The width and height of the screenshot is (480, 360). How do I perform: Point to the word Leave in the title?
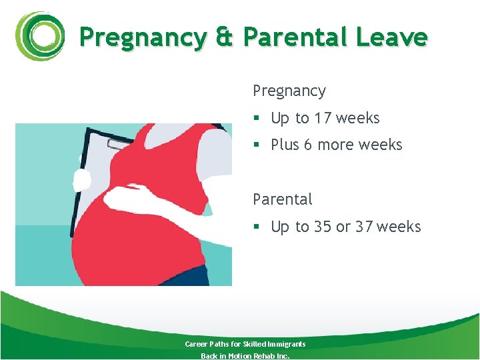pos(391,37)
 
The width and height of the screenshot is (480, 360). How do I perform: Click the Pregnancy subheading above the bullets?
pos(289,91)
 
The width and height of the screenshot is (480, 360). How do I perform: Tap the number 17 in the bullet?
pos(323,118)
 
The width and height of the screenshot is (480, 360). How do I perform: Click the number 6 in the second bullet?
pos(307,145)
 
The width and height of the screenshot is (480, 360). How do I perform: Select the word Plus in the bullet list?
pos(285,145)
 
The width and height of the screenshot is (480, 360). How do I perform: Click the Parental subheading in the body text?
pos(283,199)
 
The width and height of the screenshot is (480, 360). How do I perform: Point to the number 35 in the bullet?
pos(323,227)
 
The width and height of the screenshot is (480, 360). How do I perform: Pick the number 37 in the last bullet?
pos(364,227)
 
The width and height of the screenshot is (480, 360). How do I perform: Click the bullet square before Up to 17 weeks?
pos(256,119)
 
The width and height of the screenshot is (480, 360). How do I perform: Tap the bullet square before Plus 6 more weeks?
pos(256,145)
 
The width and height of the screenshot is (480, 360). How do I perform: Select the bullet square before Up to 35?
pos(256,227)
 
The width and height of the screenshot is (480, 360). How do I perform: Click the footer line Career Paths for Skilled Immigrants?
pos(245,344)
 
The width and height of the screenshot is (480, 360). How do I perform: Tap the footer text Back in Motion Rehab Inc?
pos(245,355)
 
